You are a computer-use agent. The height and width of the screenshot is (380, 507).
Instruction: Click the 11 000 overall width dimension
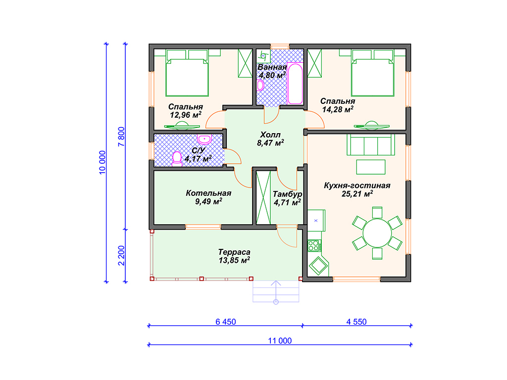280,340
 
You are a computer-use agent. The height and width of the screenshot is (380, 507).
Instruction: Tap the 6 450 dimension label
226,322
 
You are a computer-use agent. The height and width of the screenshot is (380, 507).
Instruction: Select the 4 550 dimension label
356,322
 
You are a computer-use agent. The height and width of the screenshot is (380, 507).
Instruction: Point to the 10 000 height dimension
102,162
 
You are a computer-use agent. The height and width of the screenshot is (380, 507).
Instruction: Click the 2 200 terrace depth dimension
121,256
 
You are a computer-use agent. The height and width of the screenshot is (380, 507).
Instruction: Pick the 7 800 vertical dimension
121,137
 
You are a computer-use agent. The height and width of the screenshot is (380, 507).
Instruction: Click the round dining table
377,233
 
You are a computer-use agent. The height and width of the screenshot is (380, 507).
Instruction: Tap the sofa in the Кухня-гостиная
371,145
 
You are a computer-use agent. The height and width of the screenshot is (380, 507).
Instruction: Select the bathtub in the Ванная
295,83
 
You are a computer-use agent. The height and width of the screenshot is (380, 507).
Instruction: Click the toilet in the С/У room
177,159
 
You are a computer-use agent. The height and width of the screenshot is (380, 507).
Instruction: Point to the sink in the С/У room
204,139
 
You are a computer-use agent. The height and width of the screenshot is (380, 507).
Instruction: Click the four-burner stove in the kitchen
313,245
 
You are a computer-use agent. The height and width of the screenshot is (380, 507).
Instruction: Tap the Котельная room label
208,193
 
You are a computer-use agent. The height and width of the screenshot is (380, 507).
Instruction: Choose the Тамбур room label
288,194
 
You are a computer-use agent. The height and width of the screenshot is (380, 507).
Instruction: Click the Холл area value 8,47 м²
271,143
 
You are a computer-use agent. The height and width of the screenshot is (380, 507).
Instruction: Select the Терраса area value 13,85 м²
234,260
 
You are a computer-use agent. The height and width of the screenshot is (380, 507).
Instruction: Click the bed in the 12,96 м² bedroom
187,73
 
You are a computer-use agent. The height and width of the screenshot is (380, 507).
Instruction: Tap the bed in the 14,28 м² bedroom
372,73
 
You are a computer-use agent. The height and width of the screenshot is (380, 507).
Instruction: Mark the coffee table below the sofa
371,167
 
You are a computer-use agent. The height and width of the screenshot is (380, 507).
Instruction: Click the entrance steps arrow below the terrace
276,292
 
